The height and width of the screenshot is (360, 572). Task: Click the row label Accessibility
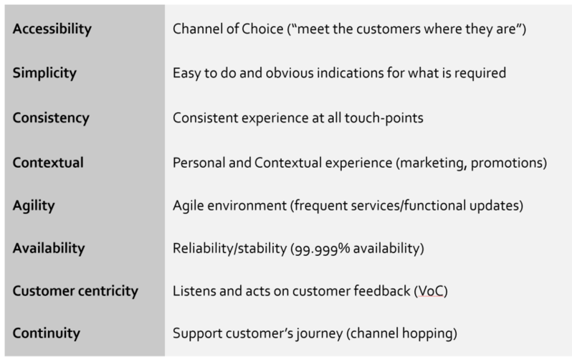[x=52, y=29]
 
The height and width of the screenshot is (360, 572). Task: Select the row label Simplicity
[x=44, y=73]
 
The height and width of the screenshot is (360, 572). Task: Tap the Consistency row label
[x=51, y=118]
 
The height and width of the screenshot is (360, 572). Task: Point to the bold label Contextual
[x=48, y=163]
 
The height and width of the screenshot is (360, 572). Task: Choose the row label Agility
[x=34, y=206]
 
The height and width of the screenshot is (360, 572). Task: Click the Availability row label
[x=49, y=248]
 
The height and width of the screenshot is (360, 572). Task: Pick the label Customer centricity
[x=75, y=291]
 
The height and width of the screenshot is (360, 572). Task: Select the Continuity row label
[x=47, y=333]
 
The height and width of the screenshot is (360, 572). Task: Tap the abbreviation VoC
[x=431, y=291]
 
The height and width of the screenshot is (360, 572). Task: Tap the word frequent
[x=320, y=206]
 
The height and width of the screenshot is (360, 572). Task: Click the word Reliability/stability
[x=230, y=249]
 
